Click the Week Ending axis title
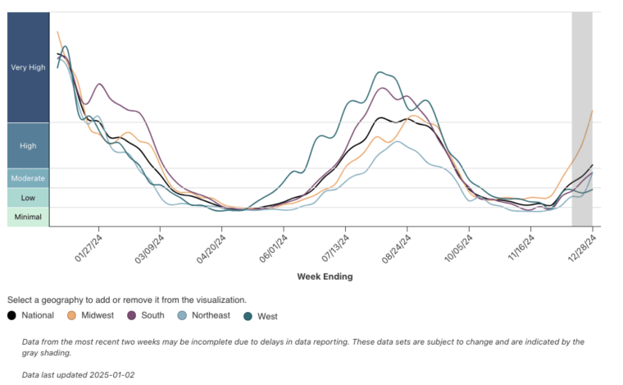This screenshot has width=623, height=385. [325, 277]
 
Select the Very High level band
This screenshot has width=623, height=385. [28, 67]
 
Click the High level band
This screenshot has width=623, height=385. [28, 145]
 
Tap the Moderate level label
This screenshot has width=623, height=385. [28, 178]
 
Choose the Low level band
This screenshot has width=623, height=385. [28, 197]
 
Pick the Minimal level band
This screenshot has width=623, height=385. [28, 217]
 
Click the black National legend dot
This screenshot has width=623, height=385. [12, 315]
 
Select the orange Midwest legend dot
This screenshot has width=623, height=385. [72, 315]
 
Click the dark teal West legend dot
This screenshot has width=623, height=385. [248, 315]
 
